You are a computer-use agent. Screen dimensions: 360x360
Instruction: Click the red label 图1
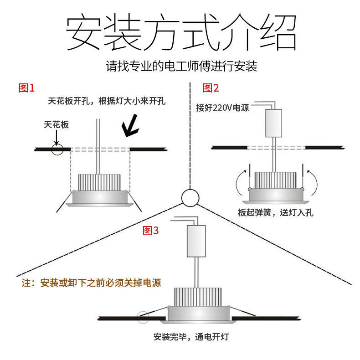[26, 88]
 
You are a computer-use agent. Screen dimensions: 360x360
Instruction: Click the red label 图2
[211, 88]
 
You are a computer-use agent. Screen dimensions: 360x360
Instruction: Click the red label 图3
[151, 231]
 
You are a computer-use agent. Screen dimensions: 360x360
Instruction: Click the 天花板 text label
[57, 124]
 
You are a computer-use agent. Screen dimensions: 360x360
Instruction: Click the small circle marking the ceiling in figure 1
[57, 149]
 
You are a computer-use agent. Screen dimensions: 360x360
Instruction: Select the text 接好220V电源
[222, 108]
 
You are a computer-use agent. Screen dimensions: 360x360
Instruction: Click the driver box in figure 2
[274, 123]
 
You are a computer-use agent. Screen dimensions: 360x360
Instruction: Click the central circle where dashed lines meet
[190, 198]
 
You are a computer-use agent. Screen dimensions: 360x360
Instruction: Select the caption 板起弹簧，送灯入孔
[275, 212]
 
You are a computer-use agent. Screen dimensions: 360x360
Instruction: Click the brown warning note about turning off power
[92, 283]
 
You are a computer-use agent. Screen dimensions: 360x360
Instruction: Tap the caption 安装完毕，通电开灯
[191, 337]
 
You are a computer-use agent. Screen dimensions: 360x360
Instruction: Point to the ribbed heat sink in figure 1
[100, 182]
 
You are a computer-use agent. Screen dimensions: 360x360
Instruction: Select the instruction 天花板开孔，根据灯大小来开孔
[107, 101]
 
